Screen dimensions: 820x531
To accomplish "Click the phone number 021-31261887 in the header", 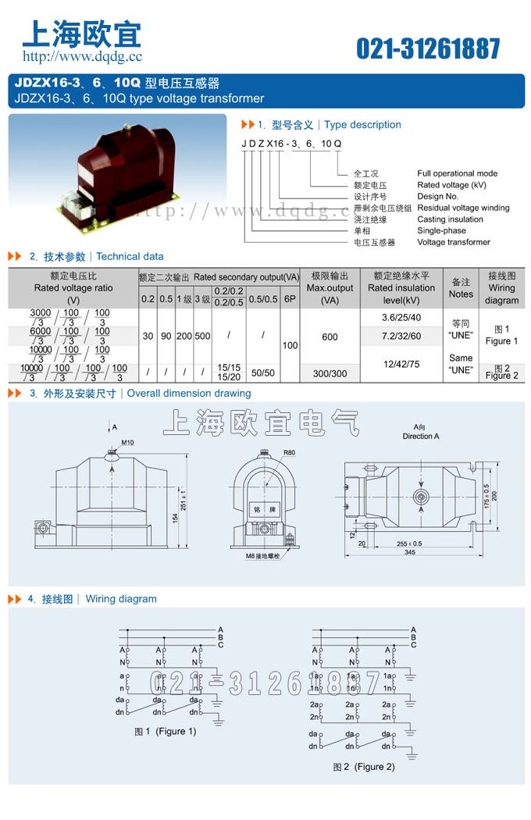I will pyautogui.click(x=428, y=48).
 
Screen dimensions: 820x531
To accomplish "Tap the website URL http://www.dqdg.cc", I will pyautogui.click(x=82, y=56).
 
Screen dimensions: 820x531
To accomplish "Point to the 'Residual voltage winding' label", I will pyautogui.click(x=463, y=208).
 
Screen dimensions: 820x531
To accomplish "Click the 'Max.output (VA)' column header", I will pyautogui.click(x=330, y=288).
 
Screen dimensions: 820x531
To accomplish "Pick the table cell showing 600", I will pyautogui.click(x=330, y=337).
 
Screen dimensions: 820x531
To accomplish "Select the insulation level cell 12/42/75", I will pyautogui.click(x=401, y=364).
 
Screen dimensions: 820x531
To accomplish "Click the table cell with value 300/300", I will pyautogui.click(x=330, y=374).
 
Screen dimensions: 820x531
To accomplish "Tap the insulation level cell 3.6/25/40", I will pyautogui.click(x=401, y=318).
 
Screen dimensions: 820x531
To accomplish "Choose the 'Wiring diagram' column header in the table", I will pyautogui.click(x=501, y=288).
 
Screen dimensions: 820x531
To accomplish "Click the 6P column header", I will pyautogui.click(x=290, y=299).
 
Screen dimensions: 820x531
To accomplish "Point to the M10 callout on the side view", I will pyautogui.click(x=127, y=443).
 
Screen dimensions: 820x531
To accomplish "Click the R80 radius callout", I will pyautogui.click(x=289, y=453).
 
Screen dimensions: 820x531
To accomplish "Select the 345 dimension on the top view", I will pyautogui.click(x=409, y=551).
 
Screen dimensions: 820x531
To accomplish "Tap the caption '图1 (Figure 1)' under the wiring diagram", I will pyautogui.click(x=166, y=732).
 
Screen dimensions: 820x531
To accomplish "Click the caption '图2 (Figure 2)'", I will pyautogui.click(x=364, y=767).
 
